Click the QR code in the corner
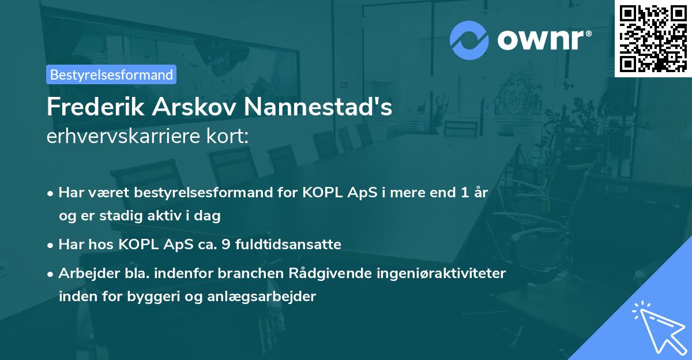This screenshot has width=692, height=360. (x=653, y=39)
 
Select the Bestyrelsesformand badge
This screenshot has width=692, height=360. (x=111, y=74)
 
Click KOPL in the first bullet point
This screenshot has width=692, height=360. (x=320, y=193)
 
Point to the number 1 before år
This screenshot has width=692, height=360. (x=464, y=193)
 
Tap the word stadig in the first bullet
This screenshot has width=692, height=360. (x=115, y=216)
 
